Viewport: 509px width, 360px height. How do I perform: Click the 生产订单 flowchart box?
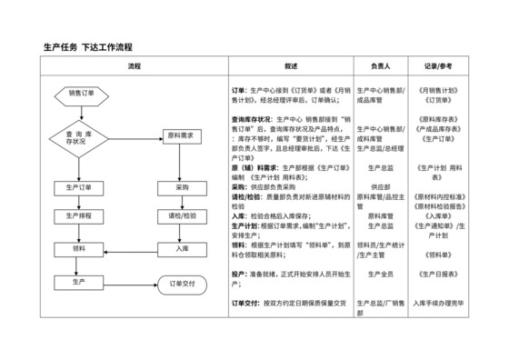click(x=81, y=187)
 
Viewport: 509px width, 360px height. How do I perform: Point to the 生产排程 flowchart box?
click(x=81, y=216)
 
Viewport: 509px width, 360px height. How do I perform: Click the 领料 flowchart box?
click(x=81, y=248)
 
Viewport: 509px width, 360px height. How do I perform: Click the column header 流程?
click(x=135, y=66)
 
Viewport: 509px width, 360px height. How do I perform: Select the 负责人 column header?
click(x=380, y=66)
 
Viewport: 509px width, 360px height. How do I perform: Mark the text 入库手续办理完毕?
click(x=440, y=301)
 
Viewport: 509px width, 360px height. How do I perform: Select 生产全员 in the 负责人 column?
click(x=380, y=274)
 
